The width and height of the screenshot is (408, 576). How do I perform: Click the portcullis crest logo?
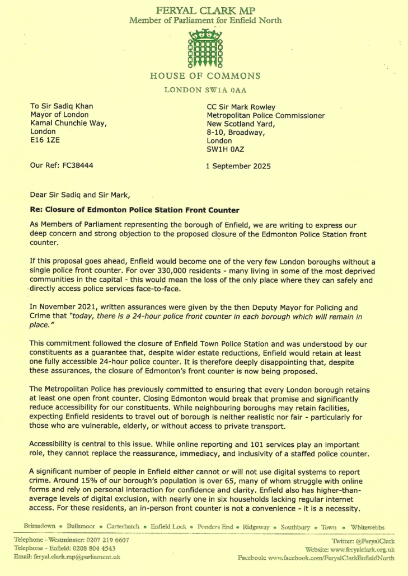(x=205, y=48)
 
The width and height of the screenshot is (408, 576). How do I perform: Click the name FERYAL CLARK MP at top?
(x=205, y=11)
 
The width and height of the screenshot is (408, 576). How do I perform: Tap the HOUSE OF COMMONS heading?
(x=205, y=76)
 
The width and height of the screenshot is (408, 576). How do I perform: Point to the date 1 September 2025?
(x=239, y=166)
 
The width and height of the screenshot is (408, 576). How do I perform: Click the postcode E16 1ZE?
(x=44, y=140)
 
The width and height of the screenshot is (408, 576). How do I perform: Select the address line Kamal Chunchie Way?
(x=68, y=123)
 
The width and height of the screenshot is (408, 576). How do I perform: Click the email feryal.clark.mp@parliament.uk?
(x=76, y=557)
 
